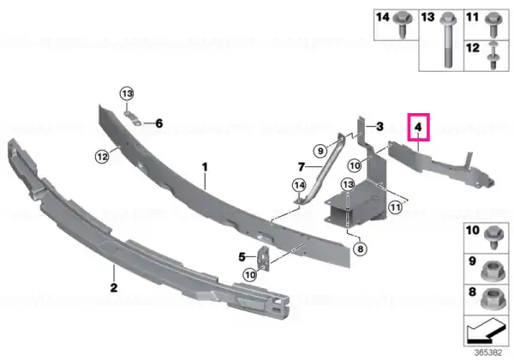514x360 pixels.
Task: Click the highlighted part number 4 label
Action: (418, 127)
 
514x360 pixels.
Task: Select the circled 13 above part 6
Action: (127, 94)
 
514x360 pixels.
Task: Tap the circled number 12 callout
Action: (102, 157)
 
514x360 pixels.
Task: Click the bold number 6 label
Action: (159, 123)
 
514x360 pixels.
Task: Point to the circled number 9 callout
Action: (320, 151)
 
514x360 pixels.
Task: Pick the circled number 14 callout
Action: (299, 186)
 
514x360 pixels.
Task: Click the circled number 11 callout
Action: (395, 207)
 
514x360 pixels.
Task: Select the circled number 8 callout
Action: (361, 249)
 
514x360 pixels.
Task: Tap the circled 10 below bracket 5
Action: (250, 274)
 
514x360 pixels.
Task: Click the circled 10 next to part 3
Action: (355, 165)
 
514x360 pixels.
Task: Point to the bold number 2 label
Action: (114, 288)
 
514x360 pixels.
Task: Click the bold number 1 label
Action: (205, 167)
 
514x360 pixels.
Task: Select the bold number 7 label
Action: (302, 167)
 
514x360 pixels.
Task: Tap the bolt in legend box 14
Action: (403, 25)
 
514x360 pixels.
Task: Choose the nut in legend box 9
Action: (492, 271)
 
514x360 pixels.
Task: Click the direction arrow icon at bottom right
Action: (486, 331)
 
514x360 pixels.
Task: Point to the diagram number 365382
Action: (488, 353)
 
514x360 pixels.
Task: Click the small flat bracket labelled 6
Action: (133, 118)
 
